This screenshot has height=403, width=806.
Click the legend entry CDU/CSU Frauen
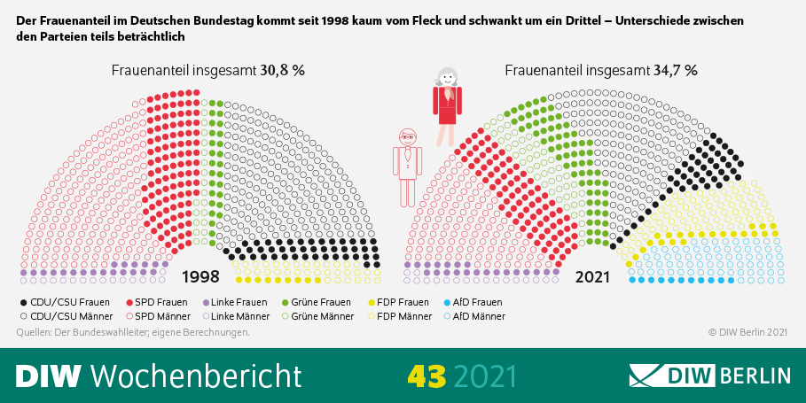(64, 302)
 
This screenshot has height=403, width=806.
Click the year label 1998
(200, 276)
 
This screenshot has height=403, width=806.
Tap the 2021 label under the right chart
(592, 276)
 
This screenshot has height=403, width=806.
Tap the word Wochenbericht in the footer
(196, 375)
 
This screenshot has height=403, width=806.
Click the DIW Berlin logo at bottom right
(709, 375)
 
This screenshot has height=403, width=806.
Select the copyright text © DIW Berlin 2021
(747, 332)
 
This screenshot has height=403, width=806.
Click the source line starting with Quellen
(133, 332)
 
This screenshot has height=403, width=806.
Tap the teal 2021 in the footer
(484, 375)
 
